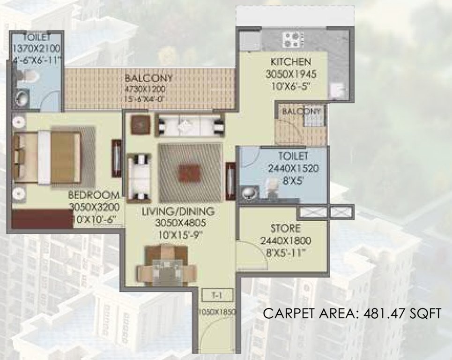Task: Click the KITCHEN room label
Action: coord(290,62)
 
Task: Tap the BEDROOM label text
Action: coord(93,195)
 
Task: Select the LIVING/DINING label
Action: coord(178,211)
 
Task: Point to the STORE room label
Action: coord(285,229)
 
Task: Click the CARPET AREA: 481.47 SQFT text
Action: coord(352,314)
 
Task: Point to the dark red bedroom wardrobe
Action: coord(42,218)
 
